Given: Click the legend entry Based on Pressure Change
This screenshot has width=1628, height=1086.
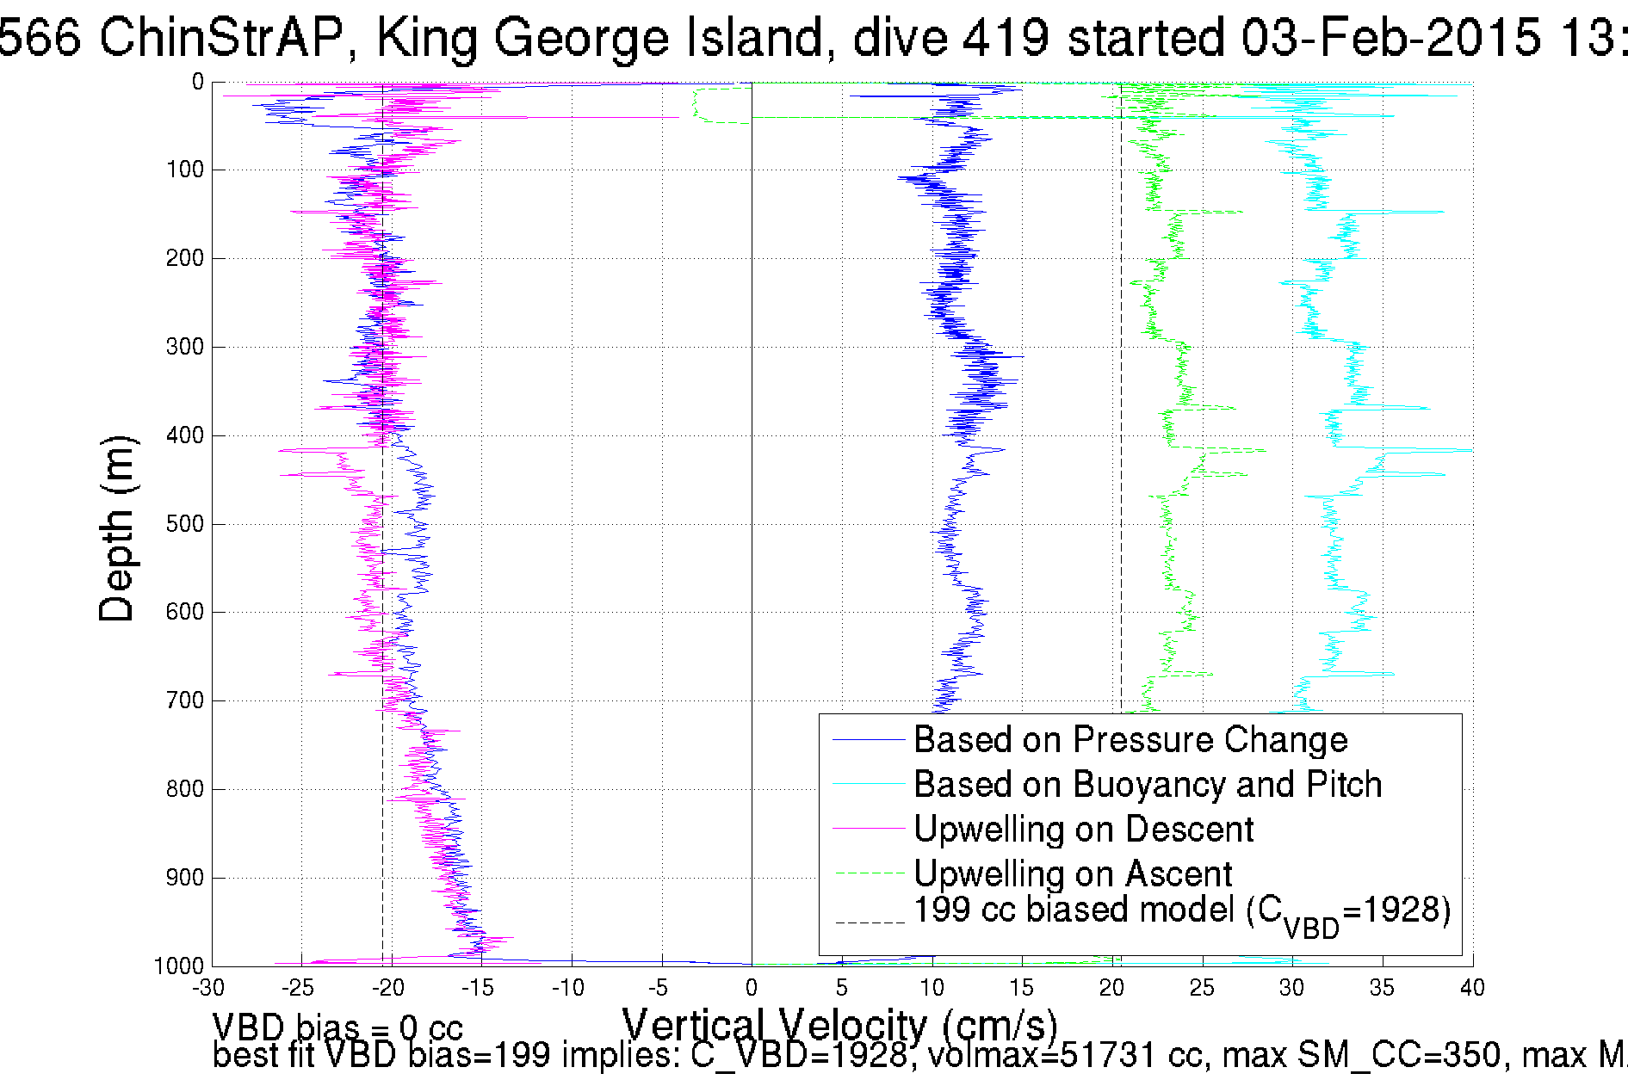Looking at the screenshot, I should click(1130, 740).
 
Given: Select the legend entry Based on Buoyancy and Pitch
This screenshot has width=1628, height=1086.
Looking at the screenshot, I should click(1147, 785).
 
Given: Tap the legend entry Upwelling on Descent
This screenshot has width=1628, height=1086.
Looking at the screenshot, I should click(1083, 830).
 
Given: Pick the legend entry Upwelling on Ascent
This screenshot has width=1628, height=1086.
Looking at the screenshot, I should click(1073, 874).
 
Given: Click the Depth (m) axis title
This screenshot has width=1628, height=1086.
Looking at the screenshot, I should click(117, 528).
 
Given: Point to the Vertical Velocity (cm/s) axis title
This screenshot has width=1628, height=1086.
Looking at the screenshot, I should click(839, 1026).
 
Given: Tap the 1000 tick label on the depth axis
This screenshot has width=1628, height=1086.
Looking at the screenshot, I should click(179, 966).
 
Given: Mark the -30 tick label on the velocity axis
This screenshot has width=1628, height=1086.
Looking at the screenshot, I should click(210, 988).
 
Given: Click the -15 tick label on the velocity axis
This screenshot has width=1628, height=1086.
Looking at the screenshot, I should click(480, 988).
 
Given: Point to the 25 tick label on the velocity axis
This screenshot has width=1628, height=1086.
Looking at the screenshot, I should click(1201, 988).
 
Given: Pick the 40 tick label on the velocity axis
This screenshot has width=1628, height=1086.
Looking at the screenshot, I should click(1471, 988).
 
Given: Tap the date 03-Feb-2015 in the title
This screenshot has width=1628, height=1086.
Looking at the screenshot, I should click(1390, 38).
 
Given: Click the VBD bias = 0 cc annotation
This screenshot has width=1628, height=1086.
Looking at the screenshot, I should click(337, 1027).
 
